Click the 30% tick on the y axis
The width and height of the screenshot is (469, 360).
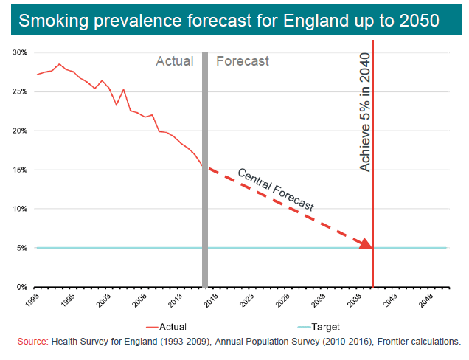20,53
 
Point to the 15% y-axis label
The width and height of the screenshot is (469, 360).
20,170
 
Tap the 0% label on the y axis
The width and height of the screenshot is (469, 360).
22,287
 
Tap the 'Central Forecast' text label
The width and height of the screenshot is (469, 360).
275,191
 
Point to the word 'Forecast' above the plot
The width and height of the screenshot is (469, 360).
243,61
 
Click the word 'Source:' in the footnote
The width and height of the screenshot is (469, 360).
32,342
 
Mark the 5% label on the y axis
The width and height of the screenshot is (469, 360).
22,248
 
